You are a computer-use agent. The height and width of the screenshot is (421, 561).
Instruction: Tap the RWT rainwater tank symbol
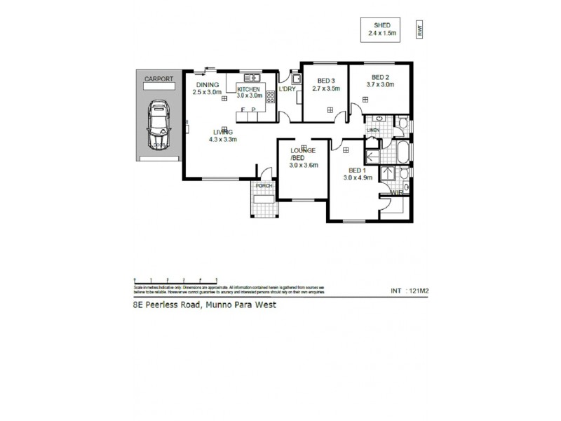[x=419, y=29]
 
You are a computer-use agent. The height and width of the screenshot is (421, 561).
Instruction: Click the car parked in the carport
[x=159, y=126]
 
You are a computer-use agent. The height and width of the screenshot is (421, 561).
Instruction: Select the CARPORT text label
[x=158, y=79]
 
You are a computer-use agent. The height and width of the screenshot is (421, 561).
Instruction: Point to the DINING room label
[x=207, y=84]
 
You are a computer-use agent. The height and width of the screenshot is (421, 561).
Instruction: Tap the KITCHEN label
[x=249, y=90]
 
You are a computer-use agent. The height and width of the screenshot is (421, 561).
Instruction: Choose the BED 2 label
[x=380, y=77]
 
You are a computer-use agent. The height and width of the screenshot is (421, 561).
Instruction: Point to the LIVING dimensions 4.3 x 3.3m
[x=223, y=139]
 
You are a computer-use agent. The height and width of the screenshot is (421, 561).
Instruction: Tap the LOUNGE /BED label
[x=304, y=154]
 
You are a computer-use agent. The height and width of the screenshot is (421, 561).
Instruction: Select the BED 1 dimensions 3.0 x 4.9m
[x=357, y=178]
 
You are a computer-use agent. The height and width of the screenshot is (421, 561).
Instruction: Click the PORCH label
[x=264, y=186]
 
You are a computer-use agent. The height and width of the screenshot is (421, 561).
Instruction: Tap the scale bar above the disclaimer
[x=175, y=280]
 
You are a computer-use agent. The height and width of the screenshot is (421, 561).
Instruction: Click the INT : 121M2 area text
[x=408, y=290]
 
